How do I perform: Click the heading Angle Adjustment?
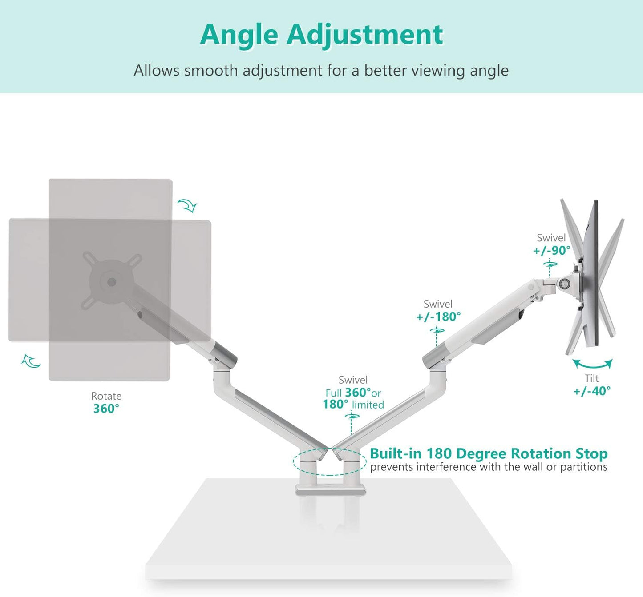click(321, 34)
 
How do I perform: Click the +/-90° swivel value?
click(551, 251)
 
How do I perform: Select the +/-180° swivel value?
click(438, 317)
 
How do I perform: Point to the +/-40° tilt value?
click(592, 391)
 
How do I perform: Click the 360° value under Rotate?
click(106, 409)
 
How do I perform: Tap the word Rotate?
click(106, 396)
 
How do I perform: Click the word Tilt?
click(591, 378)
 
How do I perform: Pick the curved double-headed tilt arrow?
click(592, 364)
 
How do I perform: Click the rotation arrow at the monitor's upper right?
click(187, 206)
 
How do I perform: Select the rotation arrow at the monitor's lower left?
click(31, 361)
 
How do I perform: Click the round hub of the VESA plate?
click(112, 282)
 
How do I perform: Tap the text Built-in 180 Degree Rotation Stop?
click(489, 453)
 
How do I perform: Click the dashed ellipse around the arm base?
click(294, 462)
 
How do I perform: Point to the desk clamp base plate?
click(330, 490)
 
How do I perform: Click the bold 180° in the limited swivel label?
click(336, 405)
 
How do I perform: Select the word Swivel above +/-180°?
click(438, 304)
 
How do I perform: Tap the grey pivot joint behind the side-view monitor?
click(566, 283)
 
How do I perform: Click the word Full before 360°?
click(333, 393)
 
